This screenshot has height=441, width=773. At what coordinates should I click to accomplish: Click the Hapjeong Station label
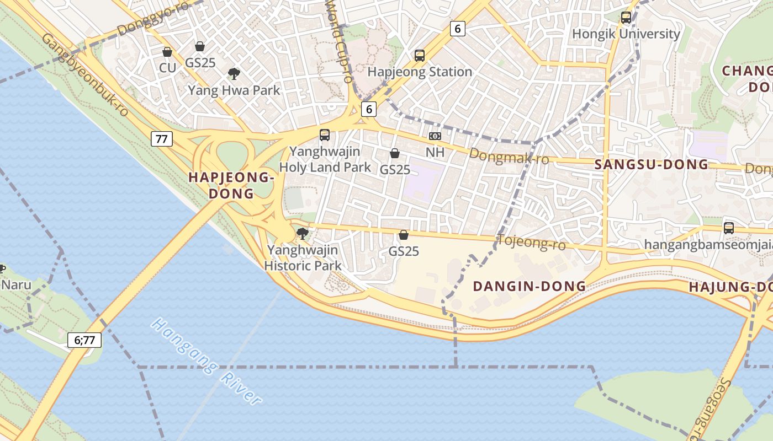click(420, 72)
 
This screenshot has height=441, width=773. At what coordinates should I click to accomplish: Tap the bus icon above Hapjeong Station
click(420, 55)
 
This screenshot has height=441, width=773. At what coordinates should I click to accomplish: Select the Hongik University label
click(626, 34)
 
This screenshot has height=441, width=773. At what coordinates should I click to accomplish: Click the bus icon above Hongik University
click(626, 18)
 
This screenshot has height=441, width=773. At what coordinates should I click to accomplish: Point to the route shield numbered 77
click(161, 139)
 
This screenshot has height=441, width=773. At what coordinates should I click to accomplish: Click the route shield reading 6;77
click(84, 340)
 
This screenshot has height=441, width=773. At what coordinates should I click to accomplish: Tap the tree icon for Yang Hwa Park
click(234, 73)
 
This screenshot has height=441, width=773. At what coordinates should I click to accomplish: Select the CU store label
click(167, 68)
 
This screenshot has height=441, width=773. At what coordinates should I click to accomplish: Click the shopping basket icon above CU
click(167, 52)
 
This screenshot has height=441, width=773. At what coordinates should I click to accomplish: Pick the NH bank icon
click(435, 136)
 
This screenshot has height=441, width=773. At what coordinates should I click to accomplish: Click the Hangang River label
click(207, 361)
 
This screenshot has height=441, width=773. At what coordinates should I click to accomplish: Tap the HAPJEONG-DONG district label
click(231, 185)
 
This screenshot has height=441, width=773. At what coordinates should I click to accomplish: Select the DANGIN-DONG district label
click(530, 286)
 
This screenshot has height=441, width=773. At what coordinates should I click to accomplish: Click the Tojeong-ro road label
click(531, 242)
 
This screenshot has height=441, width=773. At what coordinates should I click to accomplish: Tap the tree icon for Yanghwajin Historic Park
click(302, 234)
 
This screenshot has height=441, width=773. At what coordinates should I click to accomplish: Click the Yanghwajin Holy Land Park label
click(325, 159)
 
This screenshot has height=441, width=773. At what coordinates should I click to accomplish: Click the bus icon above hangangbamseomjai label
click(729, 228)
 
